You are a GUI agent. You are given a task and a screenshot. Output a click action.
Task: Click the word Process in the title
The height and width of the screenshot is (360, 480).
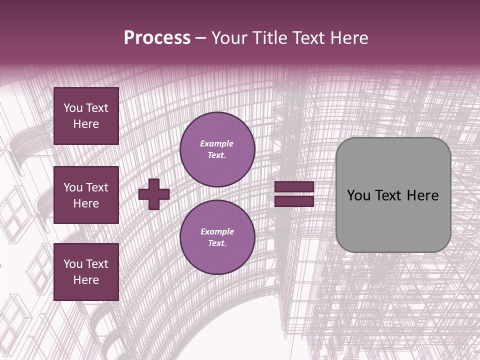click(x=157, y=38)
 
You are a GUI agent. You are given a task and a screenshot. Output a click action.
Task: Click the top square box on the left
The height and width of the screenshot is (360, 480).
click(x=86, y=116)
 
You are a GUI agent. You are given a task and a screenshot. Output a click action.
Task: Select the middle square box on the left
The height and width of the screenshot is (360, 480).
click(x=86, y=195)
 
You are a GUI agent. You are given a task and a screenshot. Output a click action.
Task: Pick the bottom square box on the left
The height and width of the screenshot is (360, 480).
click(x=86, y=272)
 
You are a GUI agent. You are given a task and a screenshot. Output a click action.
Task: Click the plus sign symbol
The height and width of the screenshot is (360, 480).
click(x=154, y=194)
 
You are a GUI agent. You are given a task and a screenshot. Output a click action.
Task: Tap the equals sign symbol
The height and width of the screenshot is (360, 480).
click(x=294, y=194)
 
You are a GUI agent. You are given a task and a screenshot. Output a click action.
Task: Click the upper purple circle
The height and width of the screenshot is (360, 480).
click(x=217, y=149)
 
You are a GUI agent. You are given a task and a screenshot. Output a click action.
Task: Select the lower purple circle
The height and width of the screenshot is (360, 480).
click(x=217, y=237)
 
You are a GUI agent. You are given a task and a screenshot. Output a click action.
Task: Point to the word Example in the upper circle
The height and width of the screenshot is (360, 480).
click(x=217, y=143)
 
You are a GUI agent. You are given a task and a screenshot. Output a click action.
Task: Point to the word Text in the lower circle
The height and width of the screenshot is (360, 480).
click(x=216, y=243)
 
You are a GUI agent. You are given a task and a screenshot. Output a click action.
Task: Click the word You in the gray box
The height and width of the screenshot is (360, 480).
click(x=358, y=195)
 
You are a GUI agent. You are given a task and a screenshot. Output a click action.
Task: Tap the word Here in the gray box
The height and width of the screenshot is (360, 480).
click(x=422, y=195)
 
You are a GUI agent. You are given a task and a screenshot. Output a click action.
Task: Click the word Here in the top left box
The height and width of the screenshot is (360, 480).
click(x=86, y=124)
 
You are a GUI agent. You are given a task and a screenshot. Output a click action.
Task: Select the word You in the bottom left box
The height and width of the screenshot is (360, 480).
click(x=73, y=264)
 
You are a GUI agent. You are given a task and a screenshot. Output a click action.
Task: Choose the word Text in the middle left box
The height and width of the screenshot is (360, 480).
click(x=97, y=187)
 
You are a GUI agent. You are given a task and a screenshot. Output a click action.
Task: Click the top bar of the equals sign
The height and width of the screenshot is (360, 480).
click(x=294, y=187)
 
